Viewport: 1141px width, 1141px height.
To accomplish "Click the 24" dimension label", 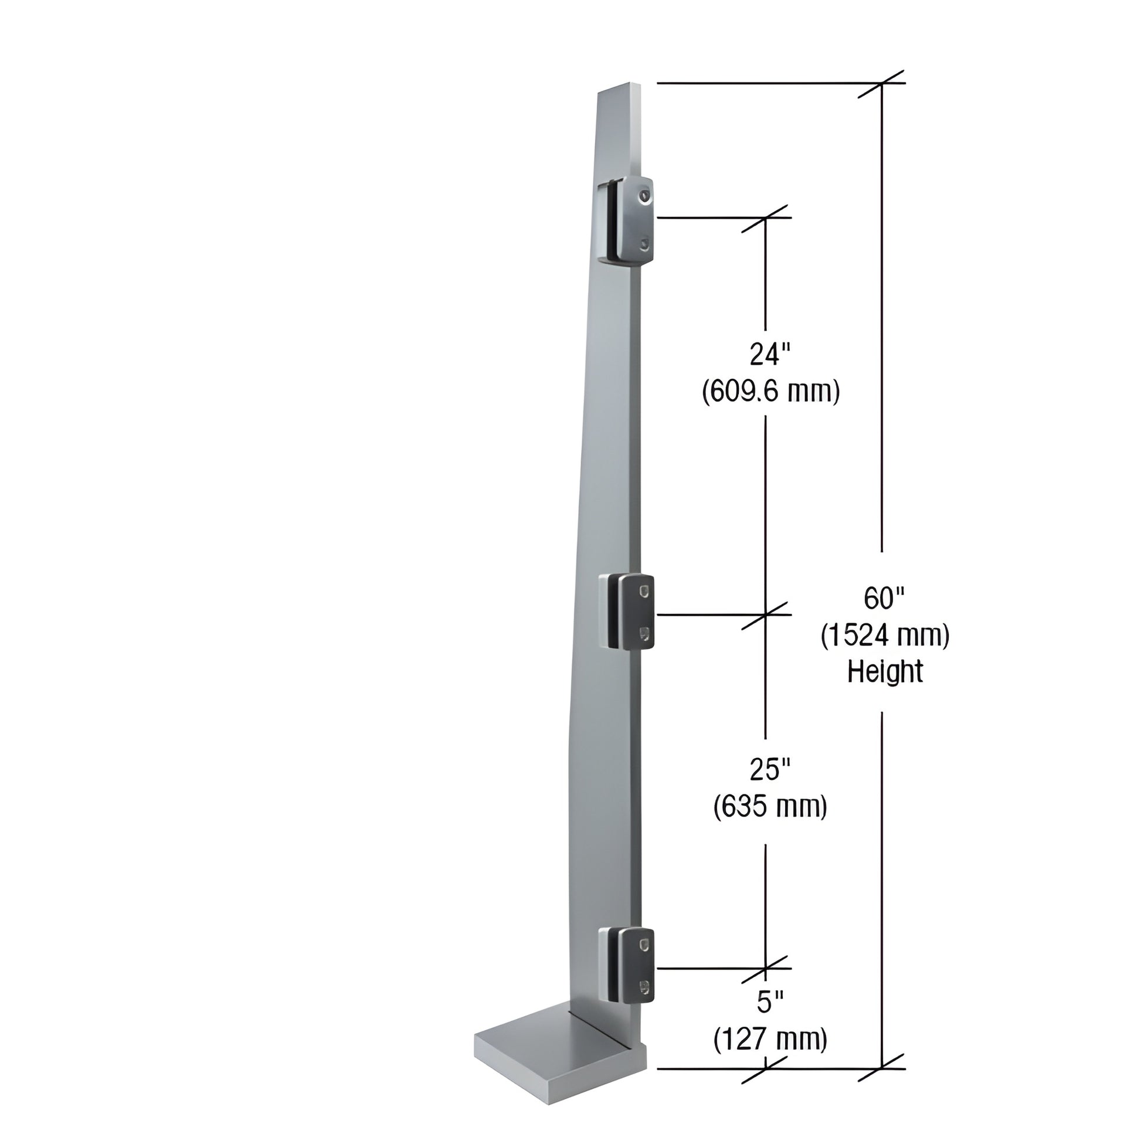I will [769, 355].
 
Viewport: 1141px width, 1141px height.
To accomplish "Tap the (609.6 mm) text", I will [770, 391].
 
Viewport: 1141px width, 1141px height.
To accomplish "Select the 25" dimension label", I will [769, 769].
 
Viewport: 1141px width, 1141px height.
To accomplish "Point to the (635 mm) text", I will [770, 806].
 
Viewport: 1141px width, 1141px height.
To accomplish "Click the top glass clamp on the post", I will [627, 220].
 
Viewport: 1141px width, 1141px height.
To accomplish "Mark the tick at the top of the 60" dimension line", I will [882, 83].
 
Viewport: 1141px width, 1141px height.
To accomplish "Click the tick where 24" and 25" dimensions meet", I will [766, 614].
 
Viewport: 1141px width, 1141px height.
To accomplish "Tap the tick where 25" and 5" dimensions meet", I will [766, 969].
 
